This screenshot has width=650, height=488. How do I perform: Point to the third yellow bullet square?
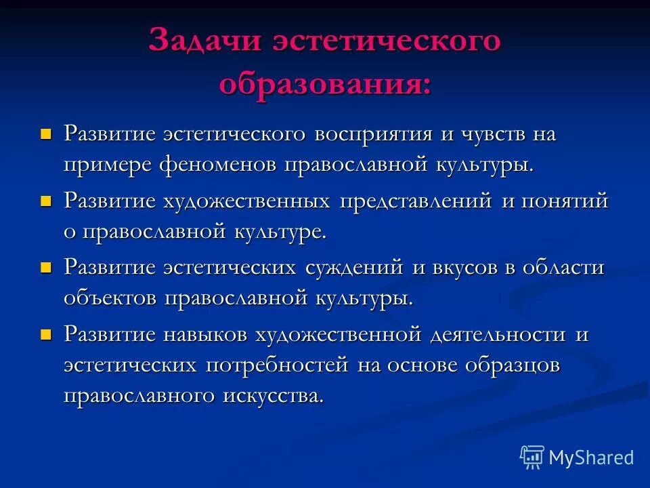click(46, 266)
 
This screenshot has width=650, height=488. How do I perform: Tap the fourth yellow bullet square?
click(46, 333)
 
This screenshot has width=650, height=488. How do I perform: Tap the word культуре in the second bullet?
click(280, 232)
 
